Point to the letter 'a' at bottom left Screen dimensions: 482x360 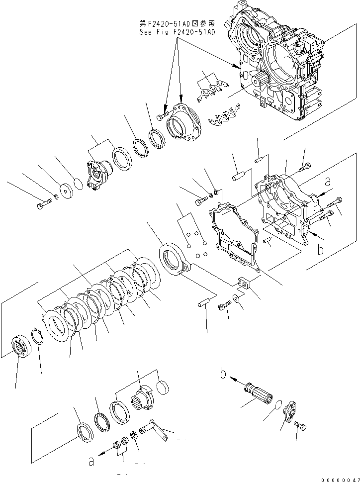(x=91, y=462)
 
